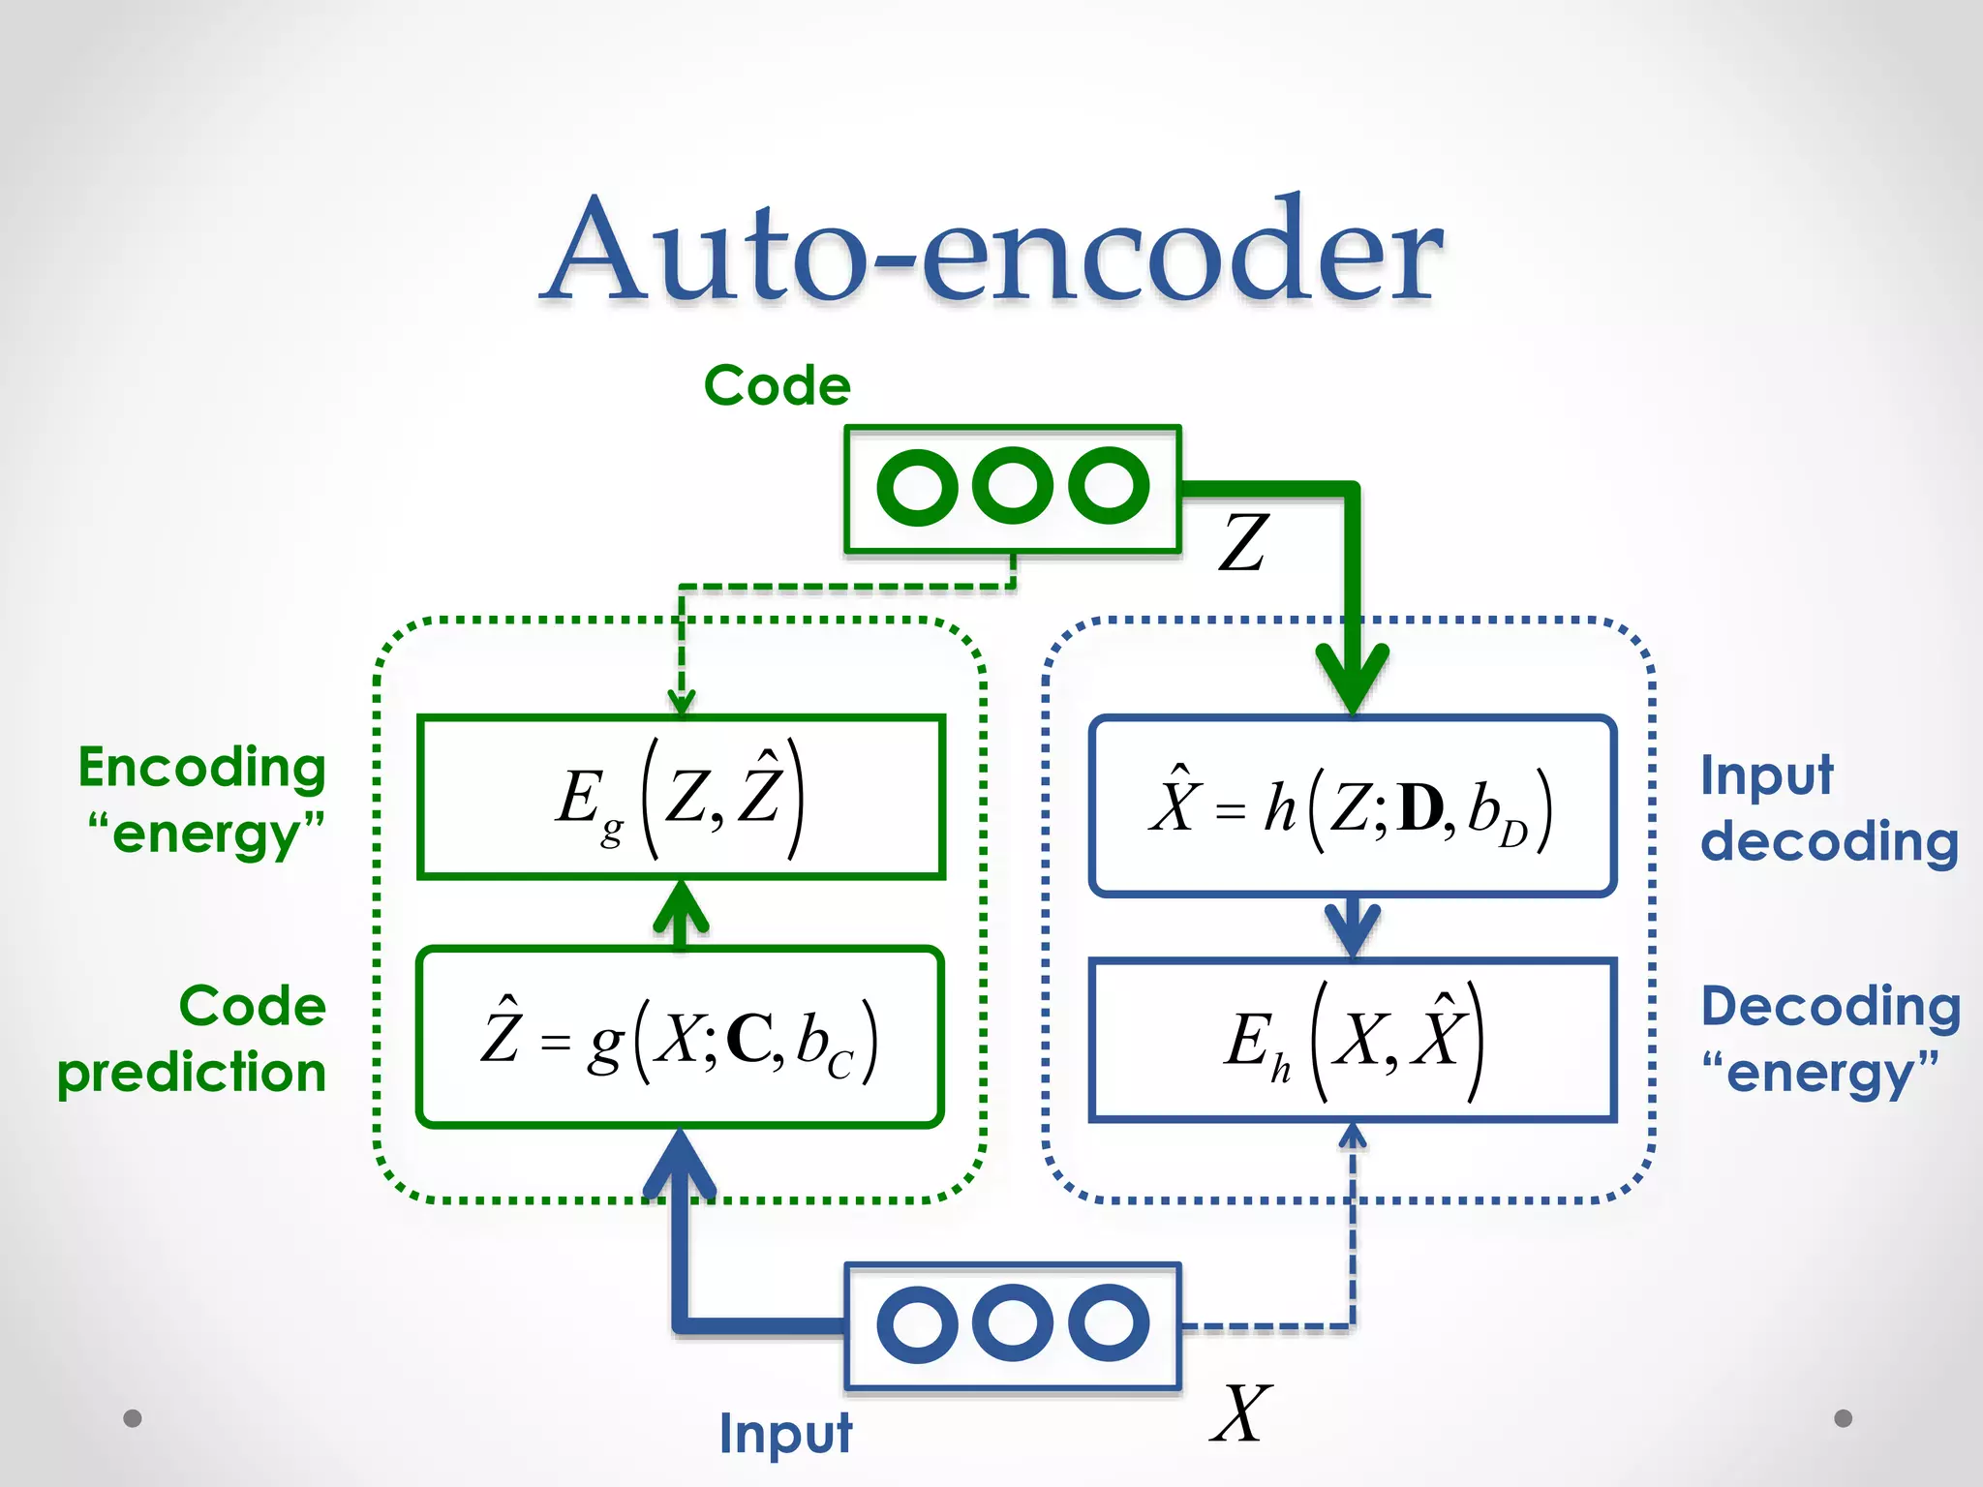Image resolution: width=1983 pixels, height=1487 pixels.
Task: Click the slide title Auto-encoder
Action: tap(991, 254)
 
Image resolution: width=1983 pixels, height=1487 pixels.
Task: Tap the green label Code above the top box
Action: tap(777, 385)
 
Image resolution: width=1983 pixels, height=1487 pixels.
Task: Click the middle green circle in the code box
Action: tap(1012, 486)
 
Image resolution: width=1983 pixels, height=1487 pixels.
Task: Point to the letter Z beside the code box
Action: tap(1243, 542)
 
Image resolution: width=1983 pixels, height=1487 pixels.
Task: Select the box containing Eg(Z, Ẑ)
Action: tap(681, 797)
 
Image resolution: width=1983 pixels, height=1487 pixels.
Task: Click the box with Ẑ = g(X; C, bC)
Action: tap(681, 1037)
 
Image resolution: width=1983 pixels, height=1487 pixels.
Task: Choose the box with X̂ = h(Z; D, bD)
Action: tap(1353, 805)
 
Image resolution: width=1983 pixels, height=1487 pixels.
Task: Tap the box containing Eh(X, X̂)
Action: tap(1353, 1040)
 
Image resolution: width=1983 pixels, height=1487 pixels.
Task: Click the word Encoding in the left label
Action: tap(201, 768)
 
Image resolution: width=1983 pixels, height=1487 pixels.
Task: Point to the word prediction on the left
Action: tap(191, 1073)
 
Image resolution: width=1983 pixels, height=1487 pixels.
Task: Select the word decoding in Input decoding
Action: tap(1829, 840)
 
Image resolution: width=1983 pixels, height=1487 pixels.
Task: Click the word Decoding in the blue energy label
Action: tap(1830, 1007)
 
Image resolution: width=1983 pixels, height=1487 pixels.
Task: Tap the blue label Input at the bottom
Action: tap(784, 1434)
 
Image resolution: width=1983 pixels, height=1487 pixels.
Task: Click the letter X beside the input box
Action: tap(1240, 1414)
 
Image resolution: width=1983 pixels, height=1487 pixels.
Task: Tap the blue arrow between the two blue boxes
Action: tap(1353, 927)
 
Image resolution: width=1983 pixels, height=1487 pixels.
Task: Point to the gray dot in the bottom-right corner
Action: tap(1843, 1418)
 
